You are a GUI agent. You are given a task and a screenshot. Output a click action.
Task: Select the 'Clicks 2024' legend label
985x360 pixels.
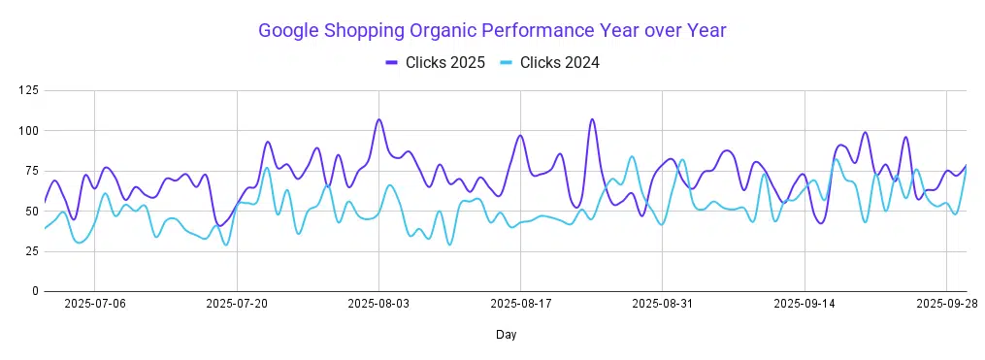pos(559,63)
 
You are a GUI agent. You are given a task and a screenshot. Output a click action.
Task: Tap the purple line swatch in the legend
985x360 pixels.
pos(392,63)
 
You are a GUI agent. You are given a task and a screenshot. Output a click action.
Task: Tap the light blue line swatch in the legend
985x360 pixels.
pos(508,63)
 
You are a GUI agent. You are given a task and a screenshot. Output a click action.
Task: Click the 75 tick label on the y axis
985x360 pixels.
pos(31,171)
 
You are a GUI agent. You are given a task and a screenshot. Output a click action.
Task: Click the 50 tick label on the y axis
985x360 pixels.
pos(31,211)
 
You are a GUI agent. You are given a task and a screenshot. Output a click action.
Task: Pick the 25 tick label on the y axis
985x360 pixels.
pos(31,251)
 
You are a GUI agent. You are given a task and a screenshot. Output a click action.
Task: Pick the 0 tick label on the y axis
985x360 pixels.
pos(35,291)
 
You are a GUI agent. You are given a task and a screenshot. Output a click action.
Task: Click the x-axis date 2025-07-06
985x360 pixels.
pos(94,304)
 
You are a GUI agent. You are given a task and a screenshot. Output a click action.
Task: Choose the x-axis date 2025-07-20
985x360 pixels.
pos(237,304)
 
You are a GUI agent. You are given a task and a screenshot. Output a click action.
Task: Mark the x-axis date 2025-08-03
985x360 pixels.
pos(378,304)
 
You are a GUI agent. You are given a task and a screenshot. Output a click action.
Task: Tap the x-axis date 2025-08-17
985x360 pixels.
pos(521,304)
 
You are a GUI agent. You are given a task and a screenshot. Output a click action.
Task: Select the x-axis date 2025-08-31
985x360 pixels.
pos(663,304)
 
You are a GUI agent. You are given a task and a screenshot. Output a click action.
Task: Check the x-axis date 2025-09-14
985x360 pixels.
pos(804,304)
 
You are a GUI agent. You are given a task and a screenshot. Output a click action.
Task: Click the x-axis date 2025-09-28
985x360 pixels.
pos(947,304)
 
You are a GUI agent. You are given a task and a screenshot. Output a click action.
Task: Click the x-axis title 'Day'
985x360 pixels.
pos(505,335)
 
